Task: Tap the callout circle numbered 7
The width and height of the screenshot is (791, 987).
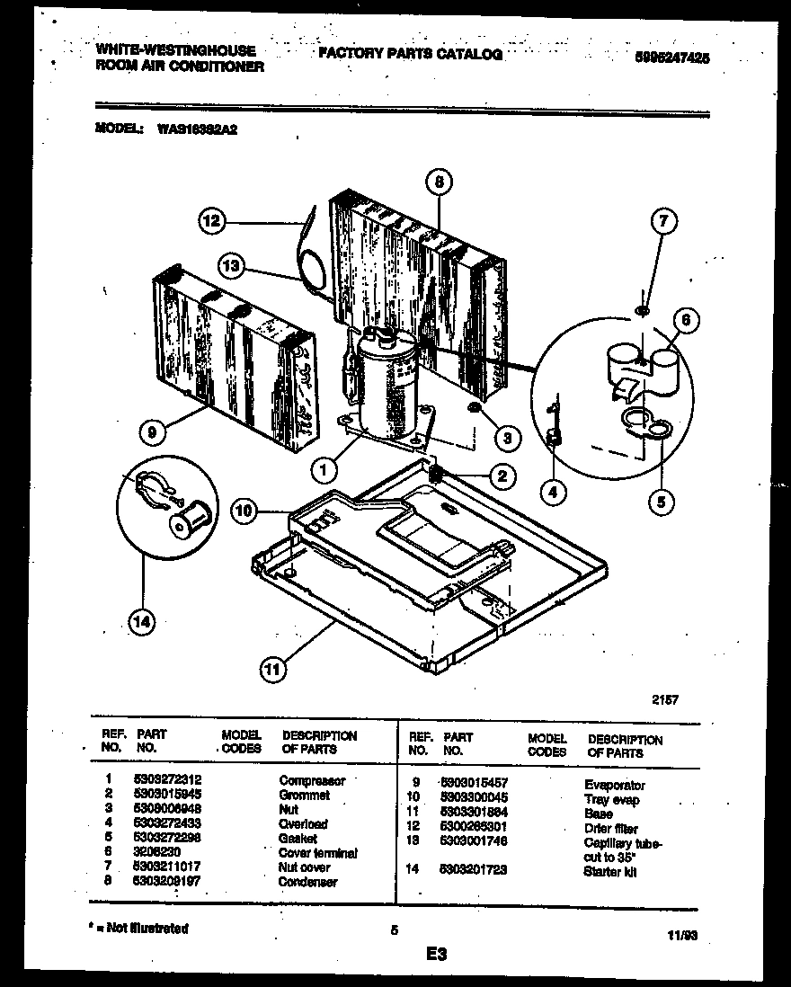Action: point(664,221)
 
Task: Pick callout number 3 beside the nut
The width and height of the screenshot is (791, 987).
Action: point(507,438)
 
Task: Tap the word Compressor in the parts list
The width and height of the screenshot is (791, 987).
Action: point(311,781)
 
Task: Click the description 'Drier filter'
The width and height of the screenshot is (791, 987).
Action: point(611,828)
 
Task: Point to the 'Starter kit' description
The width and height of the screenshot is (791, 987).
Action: point(609,872)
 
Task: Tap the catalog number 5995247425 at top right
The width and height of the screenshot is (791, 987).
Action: point(671,56)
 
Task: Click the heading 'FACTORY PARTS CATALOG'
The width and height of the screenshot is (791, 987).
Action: point(410,54)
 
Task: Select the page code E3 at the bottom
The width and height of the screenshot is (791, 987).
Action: point(438,953)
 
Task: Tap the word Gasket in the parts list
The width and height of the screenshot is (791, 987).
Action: point(298,839)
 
